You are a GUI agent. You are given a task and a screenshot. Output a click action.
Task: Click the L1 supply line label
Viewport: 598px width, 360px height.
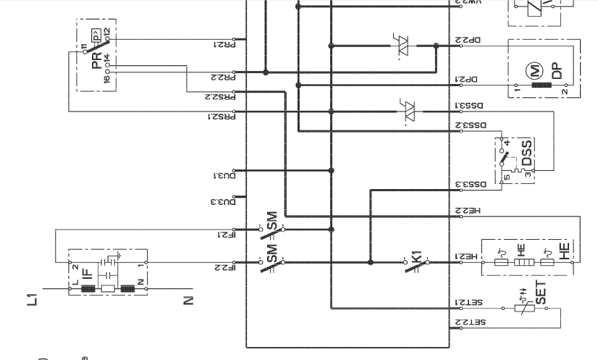pyautogui.click(x=32, y=297)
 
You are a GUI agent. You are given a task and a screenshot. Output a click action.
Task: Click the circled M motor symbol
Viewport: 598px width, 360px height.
pyautogui.click(x=536, y=70)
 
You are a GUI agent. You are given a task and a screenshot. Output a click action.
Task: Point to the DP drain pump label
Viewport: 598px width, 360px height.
pyautogui.click(x=556, y=70)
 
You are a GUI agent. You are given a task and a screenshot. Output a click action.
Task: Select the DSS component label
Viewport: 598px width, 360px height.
pyautogui.click(x=528, y=152)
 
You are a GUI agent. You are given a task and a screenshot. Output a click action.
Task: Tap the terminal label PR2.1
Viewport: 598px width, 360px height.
pyautogui.click(x=222, y=44)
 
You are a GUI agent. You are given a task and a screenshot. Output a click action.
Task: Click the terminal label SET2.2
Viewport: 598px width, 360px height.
pyautogui.click(x=468, y=322)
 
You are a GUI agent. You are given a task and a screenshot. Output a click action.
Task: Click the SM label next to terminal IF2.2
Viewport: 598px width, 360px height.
pyautogui.click(x=271, y=253)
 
